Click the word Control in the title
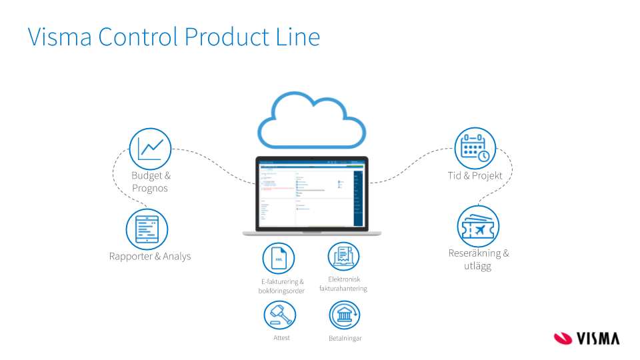(x=139, y=37)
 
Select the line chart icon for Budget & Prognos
(x=150, y=149)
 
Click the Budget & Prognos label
(x=151, y=182)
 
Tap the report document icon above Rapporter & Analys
(x=147, y=229)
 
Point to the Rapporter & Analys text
(x=150, y=256)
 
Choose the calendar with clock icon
(x=475, y=148)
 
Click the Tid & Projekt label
(x=475, y=175)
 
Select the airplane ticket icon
(x=478, y=227)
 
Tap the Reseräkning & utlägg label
(x=478, y=259)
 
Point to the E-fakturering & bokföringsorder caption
(x=281, y=286)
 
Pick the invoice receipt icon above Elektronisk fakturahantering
(x=343, y=257)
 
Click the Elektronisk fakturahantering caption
(x=343, y=284)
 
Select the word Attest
(x=281, y=338)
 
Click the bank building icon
(x=345, y=315)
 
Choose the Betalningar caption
(x=345, y=339)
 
